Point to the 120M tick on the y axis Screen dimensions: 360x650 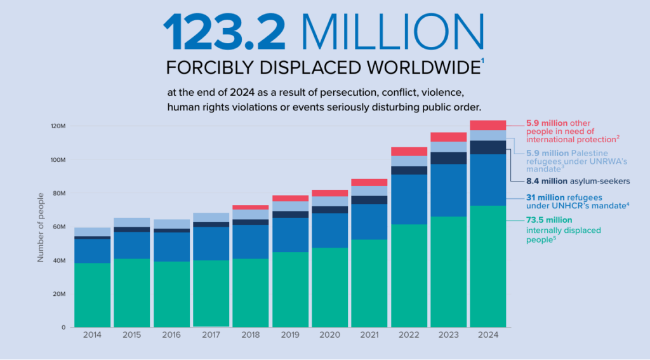[58, 126]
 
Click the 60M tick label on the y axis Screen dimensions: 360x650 [58, 227]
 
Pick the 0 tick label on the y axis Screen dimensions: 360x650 [63, 328]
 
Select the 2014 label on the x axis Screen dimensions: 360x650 [92, 335]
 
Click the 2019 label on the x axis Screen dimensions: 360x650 [290, 335]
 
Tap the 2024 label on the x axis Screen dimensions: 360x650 [488, 335]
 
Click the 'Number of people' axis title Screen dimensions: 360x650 [40, 227]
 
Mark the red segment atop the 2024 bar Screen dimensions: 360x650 [488, 125]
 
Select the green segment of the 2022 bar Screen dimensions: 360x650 [409, 276]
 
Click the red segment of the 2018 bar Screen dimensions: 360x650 [250, 207]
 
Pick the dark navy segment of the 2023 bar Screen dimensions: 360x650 [449, 158]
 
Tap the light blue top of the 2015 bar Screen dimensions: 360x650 [131, 222]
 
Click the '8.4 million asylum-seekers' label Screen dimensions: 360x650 [577, 181]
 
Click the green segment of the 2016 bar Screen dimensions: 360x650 [171, 295]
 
